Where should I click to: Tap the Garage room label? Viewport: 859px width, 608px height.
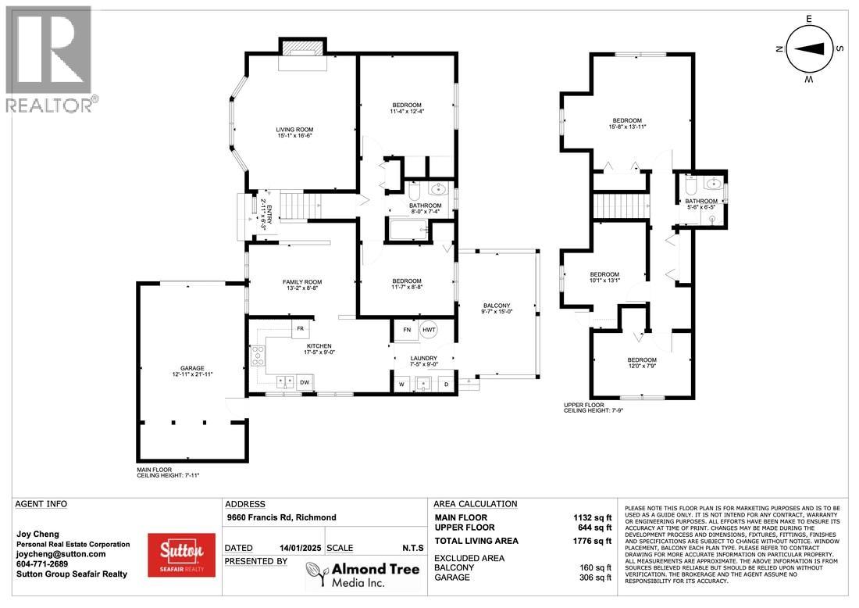[192, 368]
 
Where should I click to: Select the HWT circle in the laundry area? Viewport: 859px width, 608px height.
[429, 331]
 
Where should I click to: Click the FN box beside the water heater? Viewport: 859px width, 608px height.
[406, 331]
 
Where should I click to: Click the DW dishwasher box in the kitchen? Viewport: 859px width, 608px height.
[305, 382]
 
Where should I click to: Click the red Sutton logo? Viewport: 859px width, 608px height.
[181, 555]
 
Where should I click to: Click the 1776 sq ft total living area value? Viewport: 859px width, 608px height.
[590, 541]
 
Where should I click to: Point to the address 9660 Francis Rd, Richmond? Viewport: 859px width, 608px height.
[281, 517]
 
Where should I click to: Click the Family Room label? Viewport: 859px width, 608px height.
[301, 282]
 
